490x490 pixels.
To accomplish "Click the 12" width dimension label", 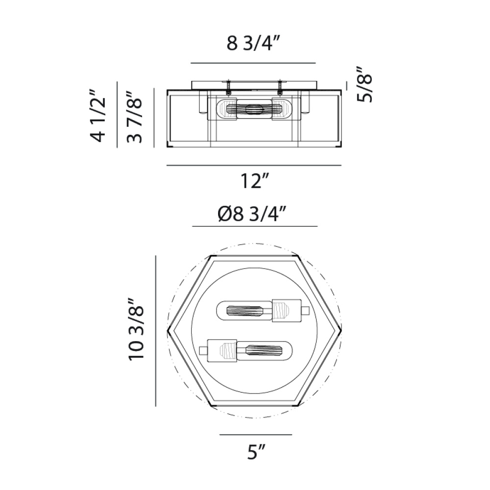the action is (x=254, y=181).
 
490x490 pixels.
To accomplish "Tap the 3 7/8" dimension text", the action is (x=134, y=117).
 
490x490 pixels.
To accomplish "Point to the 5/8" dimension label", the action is (x=365, y=84).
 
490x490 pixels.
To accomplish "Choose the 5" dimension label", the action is (x=256, y=451).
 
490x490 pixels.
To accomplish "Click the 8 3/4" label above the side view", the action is (x=253, y=43).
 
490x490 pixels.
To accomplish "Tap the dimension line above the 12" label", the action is (x=254, y=165).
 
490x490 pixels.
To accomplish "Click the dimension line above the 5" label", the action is (x=256, y=434).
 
